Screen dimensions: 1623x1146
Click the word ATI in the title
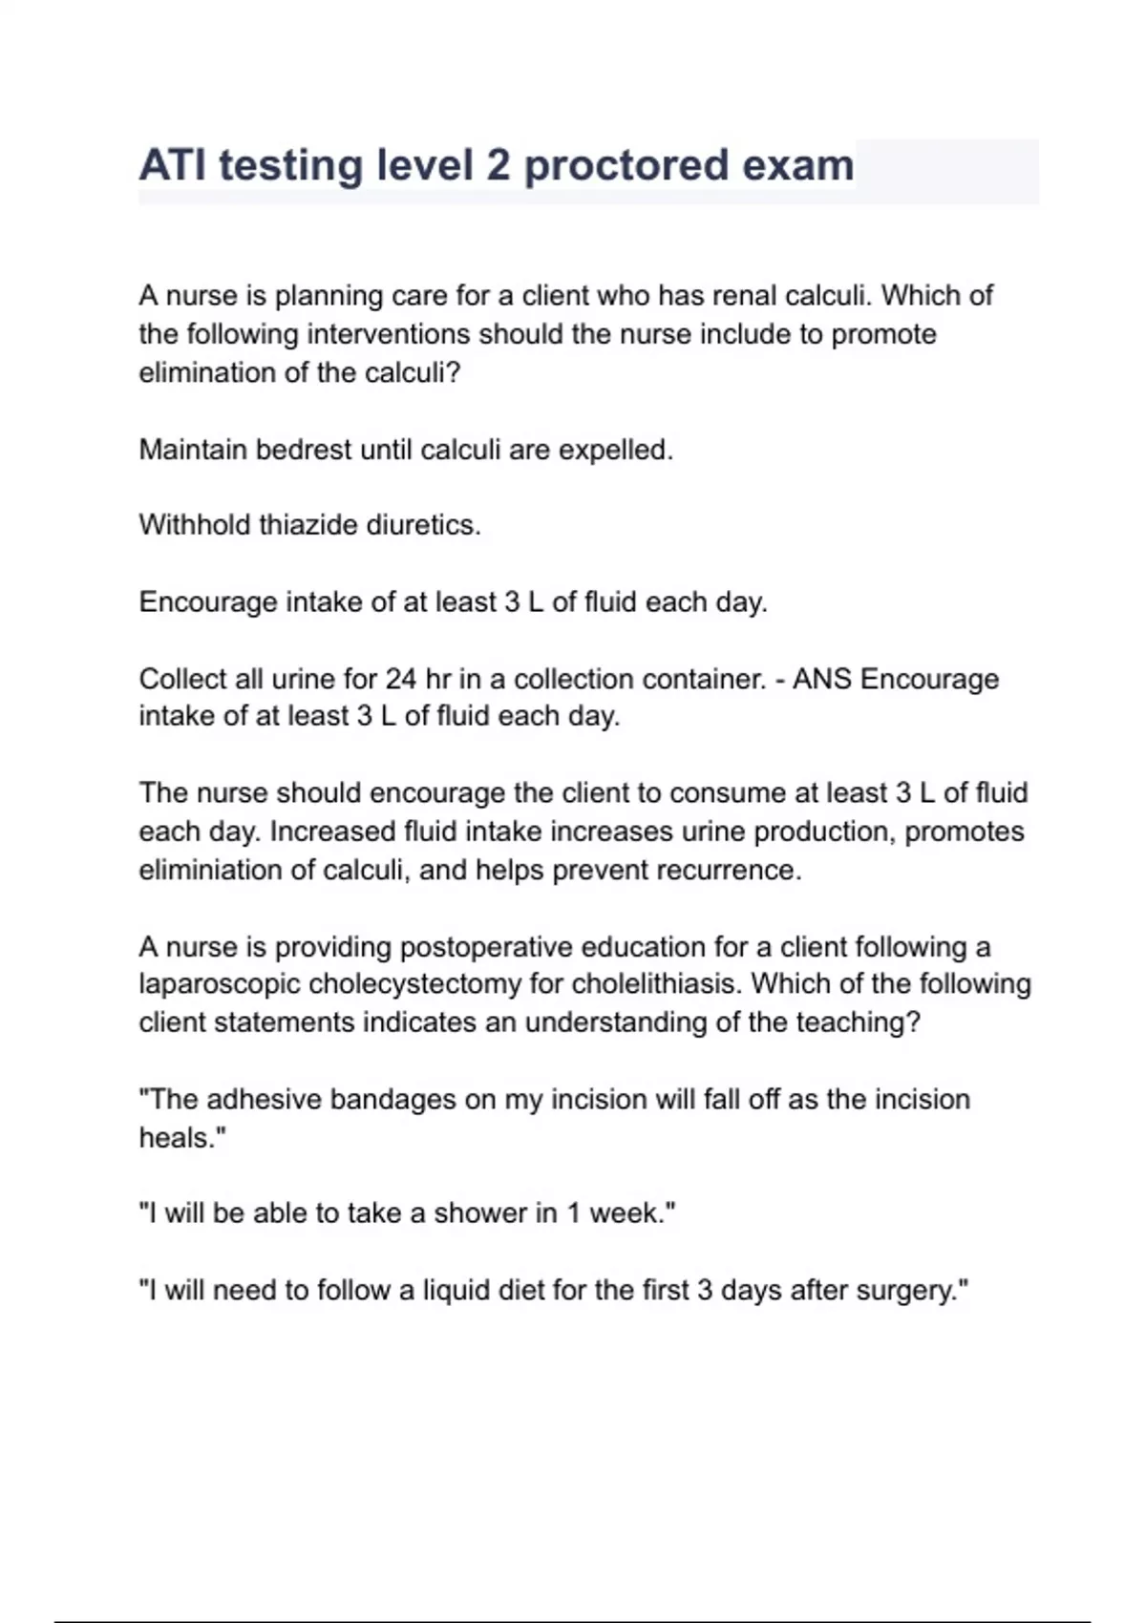[173, 165]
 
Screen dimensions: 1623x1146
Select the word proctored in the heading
[626, 165]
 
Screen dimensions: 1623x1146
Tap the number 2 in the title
[498, 165]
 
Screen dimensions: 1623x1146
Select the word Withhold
[195, 525]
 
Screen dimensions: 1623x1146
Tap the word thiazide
[315, 525]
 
